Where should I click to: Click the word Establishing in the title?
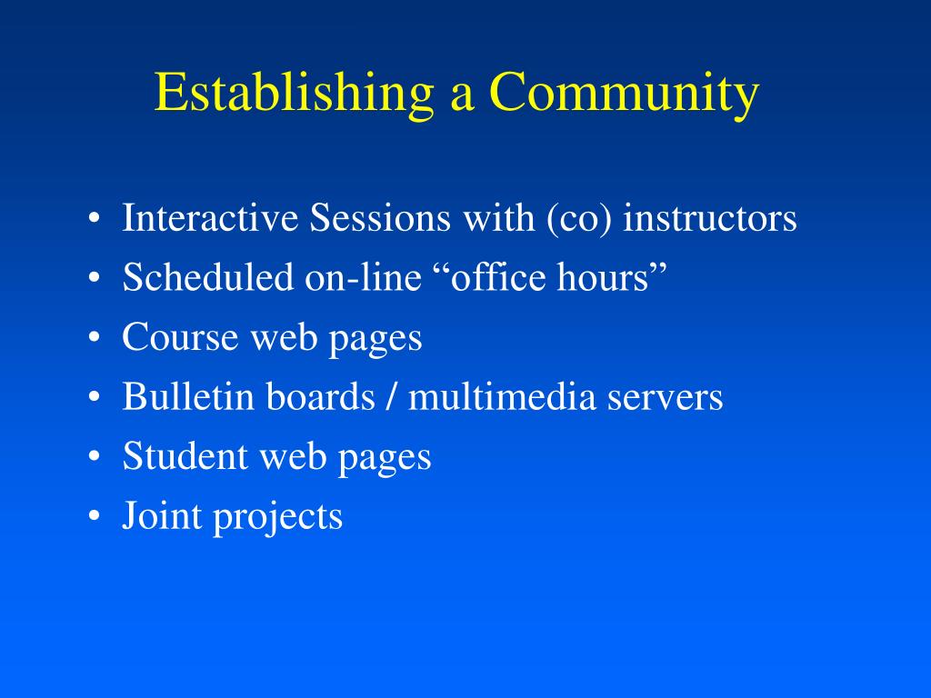(295, 93)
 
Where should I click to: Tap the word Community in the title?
(624, 93)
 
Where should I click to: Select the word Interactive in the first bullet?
(210, 217)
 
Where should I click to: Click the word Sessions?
(380, 217)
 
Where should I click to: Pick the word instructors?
(710, 217)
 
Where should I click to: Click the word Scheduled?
(208, 276)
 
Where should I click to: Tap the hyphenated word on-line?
(364, 276)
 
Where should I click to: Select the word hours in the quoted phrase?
(604, 276)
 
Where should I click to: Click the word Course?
(181, 336)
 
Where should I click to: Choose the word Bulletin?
(188, 396)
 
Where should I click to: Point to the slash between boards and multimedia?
(391, 396)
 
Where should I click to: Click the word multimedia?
(502, 396)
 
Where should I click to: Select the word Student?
(185, 455)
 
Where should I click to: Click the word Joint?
(162, 514)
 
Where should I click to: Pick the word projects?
(278, 516)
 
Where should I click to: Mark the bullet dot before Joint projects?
(94, 516)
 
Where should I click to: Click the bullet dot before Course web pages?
(94, 337)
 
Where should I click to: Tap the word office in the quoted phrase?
(499, 276)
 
